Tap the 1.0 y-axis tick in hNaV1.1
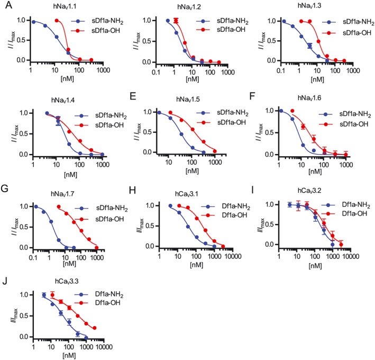coord(22,20)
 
